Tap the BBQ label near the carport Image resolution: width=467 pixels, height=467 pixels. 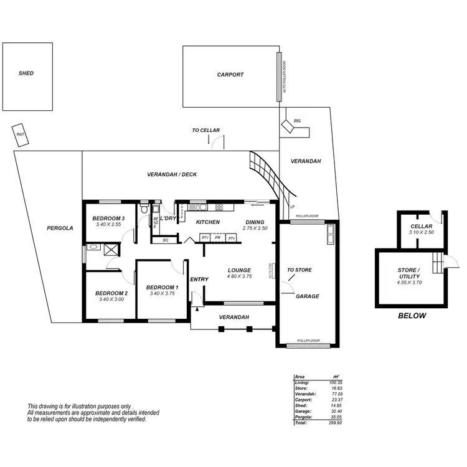pyautogui.click(x=297, y=121)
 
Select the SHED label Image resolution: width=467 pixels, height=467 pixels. pyautogui.click(x=26, y=73)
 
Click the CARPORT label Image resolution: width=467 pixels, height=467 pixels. pyautogui.click(x=230, y=75)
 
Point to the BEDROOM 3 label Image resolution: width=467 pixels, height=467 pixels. pyautogui.click(x=109, y=219)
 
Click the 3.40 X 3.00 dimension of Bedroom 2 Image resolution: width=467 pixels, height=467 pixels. pyautogui.click(x=112, y=300)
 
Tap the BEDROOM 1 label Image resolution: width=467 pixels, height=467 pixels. pyautogui.click(x=163, y=287)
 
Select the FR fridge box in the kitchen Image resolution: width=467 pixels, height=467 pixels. pyautogui.click(x=217, y=238)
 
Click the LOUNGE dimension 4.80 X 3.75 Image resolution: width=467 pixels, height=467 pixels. pyautogui.click(x=240, y=276)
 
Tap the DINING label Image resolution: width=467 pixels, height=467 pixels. pyautogui.click(x=255, y=222)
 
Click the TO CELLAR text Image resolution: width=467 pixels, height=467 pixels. pyautogui.click(x=205, y=131)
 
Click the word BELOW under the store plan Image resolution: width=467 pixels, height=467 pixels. pyautogui.click(x=412, y=316)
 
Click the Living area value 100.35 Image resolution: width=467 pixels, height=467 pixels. pyautogui.click(x=338, y=382)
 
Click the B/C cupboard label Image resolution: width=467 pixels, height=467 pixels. pyautogui.click(x=165, y=240)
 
